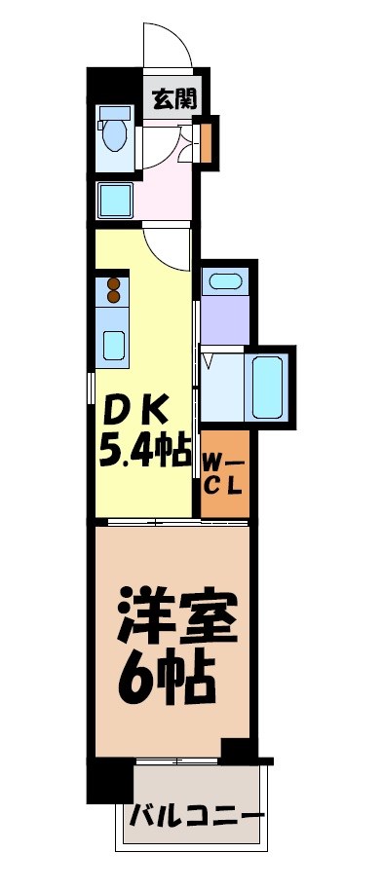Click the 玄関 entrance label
[173, 97]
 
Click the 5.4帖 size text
[142, 451]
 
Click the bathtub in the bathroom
[266, 385]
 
